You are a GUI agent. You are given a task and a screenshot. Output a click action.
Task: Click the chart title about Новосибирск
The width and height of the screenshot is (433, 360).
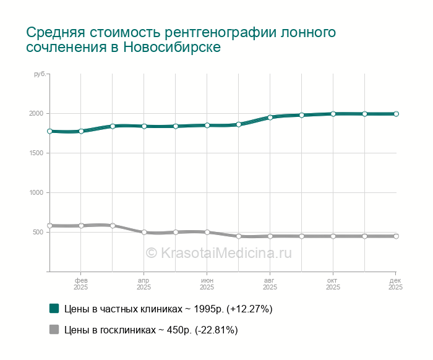181,40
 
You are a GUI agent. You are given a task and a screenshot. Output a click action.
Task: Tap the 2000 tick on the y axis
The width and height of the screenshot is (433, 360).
35,114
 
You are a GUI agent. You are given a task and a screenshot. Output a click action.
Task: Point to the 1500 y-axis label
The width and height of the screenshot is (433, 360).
35,153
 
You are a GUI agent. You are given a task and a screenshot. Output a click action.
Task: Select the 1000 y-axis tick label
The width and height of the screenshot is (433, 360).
35,193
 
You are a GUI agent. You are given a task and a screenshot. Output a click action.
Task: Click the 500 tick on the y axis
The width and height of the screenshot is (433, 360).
38,233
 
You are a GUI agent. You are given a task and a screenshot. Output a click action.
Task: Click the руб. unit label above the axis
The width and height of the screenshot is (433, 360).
39,74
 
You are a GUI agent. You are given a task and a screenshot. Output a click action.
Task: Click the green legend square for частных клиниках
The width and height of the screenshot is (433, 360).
54,309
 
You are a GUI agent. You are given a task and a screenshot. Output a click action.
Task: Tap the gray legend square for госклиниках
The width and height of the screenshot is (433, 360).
54,330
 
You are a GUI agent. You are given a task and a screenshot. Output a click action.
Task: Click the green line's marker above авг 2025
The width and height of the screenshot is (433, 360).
270,117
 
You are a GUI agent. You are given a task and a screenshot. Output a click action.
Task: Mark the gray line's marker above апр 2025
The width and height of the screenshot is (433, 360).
144,233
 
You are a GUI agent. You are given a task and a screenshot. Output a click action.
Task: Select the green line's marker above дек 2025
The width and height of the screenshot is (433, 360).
396,114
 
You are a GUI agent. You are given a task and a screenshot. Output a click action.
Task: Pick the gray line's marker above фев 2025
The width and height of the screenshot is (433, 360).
81,226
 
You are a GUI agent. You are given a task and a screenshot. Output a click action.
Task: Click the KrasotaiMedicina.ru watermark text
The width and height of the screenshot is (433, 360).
218,252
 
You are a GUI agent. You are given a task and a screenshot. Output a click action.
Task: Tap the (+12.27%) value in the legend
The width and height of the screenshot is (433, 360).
250,309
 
